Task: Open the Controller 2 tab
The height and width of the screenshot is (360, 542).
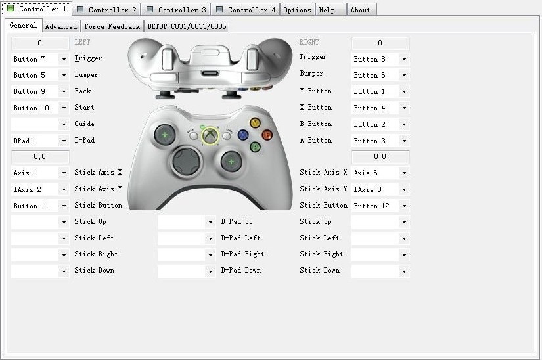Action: pos(106,10)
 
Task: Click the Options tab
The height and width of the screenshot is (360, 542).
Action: pos(297,10)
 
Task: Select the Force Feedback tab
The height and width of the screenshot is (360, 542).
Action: pos(112,26)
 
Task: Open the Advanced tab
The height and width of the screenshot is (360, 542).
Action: pos(61,26)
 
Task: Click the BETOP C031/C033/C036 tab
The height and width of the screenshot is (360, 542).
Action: pos(187,26)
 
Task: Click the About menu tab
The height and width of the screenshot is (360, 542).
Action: pos(361,10)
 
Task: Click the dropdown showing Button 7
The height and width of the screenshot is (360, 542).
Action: pos(40,59)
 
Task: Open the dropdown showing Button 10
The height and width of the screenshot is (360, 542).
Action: pos(40,108)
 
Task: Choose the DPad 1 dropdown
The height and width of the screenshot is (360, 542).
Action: pos(40,141)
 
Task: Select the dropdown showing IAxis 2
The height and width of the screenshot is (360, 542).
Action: pos(40,189)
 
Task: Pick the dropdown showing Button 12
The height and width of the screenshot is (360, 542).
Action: pos(380,206)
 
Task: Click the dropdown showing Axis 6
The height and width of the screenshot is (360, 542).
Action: pos(380,173)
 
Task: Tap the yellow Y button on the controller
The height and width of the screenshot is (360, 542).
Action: pos(255,123)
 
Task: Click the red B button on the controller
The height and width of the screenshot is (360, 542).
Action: pos(267,135)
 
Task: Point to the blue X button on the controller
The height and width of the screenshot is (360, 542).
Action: pos(243,135)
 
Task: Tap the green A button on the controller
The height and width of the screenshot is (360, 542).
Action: pos(255,147)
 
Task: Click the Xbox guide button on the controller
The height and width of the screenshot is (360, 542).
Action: pos(210,135)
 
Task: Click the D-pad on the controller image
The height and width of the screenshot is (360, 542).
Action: pos(187,162)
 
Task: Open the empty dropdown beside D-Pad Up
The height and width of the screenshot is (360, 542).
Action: pos(187,222)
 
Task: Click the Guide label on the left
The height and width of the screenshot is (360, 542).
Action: pos(84,124)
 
